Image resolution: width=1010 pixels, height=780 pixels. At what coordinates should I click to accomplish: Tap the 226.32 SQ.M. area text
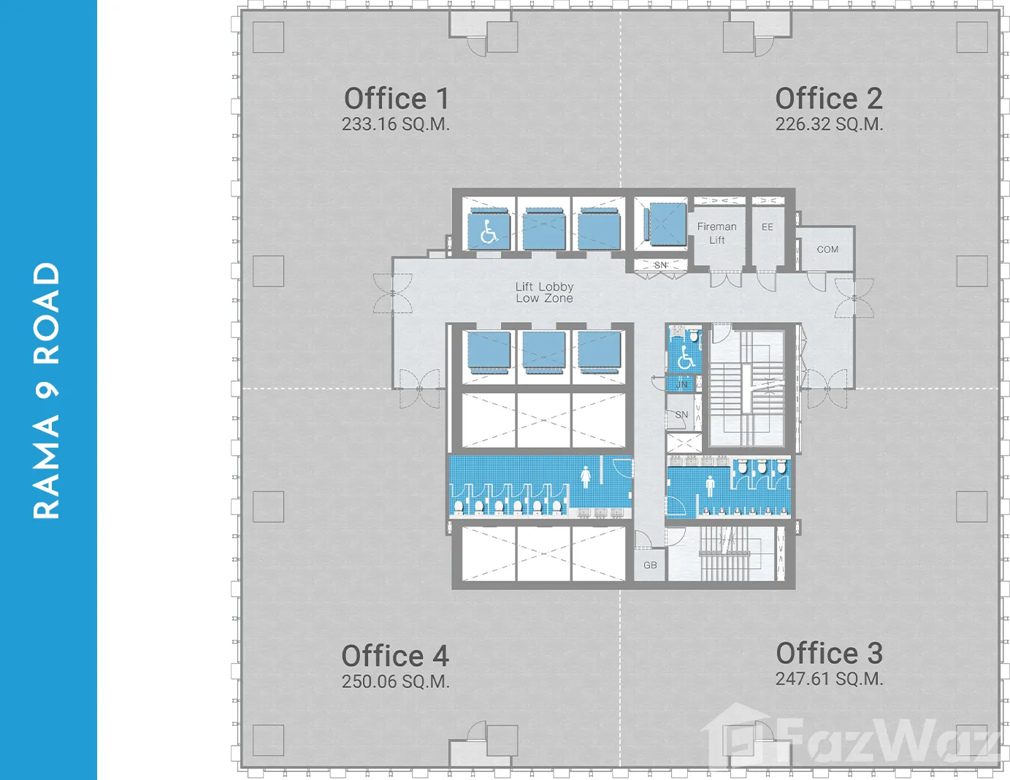pos(829,124)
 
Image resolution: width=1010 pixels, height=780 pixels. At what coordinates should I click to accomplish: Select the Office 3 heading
pos(829,653)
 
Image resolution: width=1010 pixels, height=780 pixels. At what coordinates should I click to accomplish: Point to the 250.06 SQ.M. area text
pos(396,681)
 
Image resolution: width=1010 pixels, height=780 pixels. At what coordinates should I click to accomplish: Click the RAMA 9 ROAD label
pos(46,391)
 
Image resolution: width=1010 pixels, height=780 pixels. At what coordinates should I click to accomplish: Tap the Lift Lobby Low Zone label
pos(544,292)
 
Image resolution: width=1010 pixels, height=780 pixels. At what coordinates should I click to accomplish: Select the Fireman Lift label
pos(716,234)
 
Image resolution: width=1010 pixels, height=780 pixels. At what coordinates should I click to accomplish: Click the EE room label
pos(768,227)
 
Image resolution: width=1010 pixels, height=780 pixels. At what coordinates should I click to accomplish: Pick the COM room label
pos(827,250)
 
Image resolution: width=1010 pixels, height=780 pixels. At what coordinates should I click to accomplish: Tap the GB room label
pos(650,565)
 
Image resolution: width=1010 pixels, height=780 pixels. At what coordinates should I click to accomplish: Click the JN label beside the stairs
pos(681,384)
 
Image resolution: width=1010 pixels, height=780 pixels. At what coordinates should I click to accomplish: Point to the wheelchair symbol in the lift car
pos(488,232)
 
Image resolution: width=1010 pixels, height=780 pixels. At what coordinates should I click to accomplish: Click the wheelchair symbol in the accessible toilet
pos(686,357)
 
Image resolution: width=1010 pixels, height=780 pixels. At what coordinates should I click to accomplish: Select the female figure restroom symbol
pos(586,477)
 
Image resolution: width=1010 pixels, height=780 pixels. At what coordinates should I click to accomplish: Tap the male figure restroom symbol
pos(710,486)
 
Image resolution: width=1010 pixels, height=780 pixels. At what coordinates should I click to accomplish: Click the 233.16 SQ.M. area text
pos(396,124)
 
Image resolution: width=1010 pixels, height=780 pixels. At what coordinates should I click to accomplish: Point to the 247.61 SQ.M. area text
pos(829,678)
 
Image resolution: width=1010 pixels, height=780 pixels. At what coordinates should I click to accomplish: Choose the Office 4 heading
pos(395,656)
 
